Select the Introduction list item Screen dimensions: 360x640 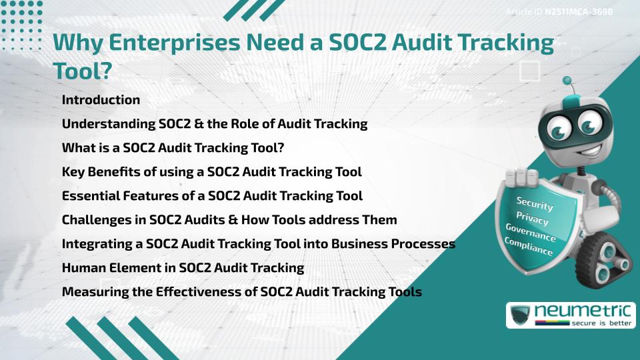click(101, 100)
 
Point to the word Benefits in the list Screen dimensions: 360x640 click(115, 172)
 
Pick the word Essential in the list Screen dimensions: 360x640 click(89, 196)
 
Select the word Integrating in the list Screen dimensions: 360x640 click(97, 244)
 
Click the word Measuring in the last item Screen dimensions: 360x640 click(93, 292)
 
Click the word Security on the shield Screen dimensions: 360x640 click(535, 203)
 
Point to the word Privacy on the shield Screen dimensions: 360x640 click(532, 218)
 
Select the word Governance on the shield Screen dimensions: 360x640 click(530, 233)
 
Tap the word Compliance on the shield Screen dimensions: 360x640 click(528, 246)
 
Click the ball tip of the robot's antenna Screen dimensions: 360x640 click(568, 82)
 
